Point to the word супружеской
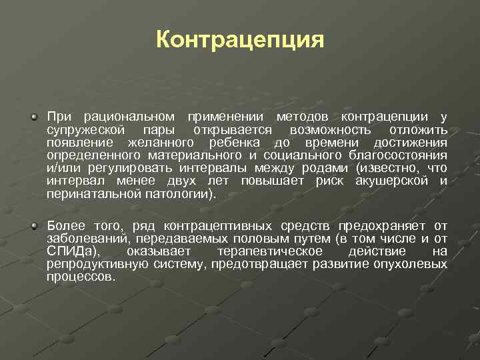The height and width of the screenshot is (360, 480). [x=85, y=130]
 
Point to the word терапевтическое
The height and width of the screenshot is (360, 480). [x=270, y=251]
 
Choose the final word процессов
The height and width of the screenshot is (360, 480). [x=81, y=277]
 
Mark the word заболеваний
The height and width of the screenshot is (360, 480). [x=88, y=239]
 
